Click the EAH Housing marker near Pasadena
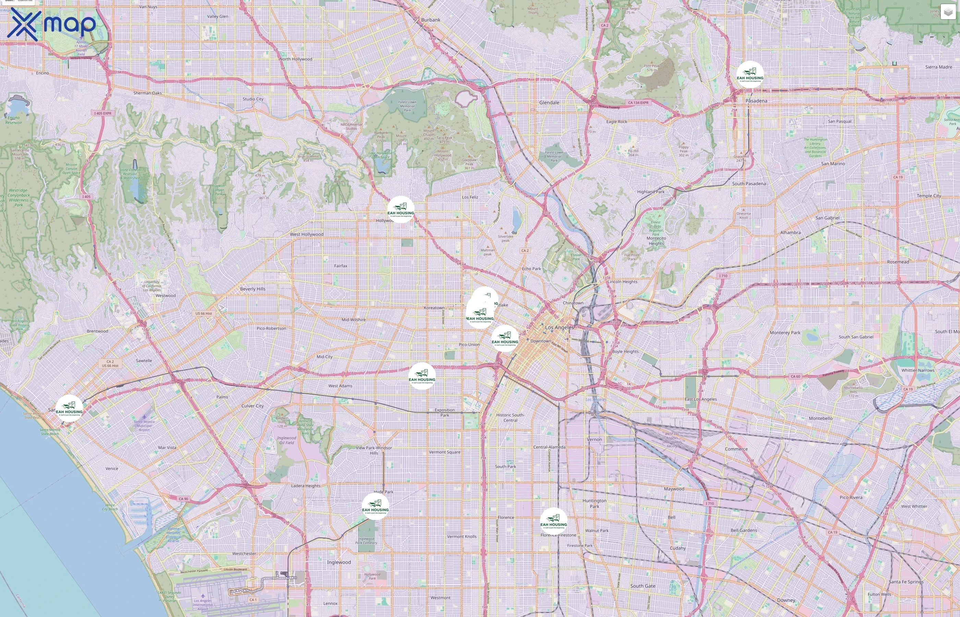pos(749,74)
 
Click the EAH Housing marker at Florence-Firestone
pos(553,521)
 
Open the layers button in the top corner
pos(948,12)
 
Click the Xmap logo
pos(51,24)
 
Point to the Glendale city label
pos(549,102)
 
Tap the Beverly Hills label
pos(252,289)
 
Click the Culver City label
pos(252,406)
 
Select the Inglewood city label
pos(338,562)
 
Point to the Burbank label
pos(430,20)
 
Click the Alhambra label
pos(790,232)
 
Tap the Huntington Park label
pos(594,503)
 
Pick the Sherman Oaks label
pos(147,93)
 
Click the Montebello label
pos(820,418)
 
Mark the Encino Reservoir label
pos(14,120)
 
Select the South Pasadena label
pos(748,183)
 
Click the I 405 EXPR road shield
pos(103,113)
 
